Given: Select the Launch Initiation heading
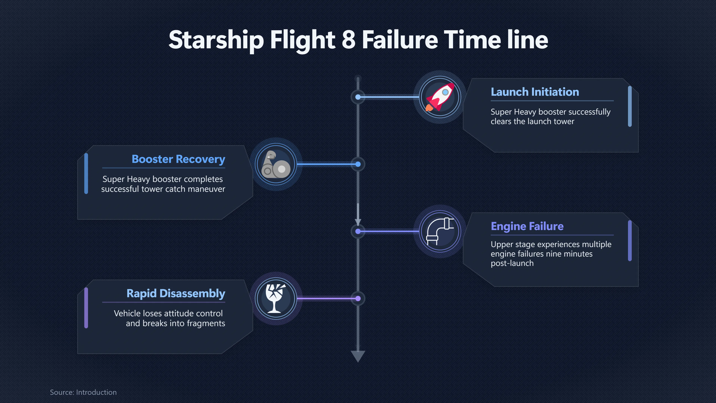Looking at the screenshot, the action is click(x=535, y=92).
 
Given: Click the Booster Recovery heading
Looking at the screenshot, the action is click(x=178, y=159).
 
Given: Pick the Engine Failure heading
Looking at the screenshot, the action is click(x=527, y=226).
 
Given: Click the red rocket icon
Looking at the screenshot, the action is click(x=440, y=97).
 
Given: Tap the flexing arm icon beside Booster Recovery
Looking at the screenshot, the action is click(x=276, y=164).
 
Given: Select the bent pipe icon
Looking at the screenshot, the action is click(x=440, y=231).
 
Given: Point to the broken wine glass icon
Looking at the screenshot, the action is click(x=275, y=298).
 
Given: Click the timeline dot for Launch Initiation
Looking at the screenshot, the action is click(x=358, y=97).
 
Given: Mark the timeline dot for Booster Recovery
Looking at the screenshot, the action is click(x=358, y=164).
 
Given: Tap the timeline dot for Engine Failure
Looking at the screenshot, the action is click(x=358, y=231).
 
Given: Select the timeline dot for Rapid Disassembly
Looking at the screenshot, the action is click(x=358, y=299).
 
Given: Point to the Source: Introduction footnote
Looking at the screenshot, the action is click(x=83, y=392).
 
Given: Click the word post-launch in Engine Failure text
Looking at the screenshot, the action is click(x=512, y=263).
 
